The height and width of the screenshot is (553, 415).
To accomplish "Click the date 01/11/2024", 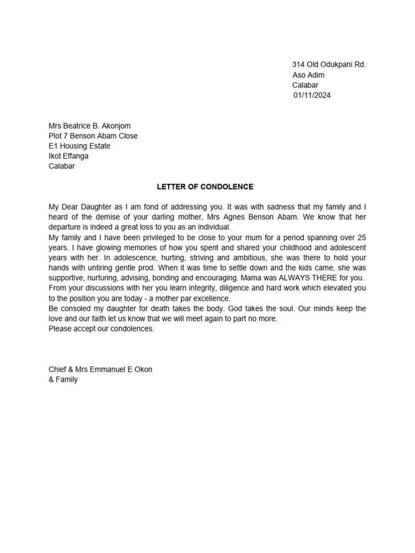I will coord(312,96).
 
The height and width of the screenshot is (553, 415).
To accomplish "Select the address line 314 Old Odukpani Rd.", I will coord(329,65).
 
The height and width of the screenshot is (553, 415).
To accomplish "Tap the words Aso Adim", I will coord(309,75).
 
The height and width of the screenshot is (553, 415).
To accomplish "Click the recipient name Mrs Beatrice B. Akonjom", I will coord(89,126).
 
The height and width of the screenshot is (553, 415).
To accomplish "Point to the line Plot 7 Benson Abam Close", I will coord(93,136).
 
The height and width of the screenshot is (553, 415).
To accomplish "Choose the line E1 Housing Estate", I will coord(79,146).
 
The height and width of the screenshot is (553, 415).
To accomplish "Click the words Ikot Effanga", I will coord(69,156).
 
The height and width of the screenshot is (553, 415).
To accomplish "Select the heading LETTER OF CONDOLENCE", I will coord(205,187).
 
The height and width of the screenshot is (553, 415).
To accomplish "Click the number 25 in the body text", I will coord(361,238).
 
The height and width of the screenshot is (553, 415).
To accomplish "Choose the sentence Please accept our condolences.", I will coord(102,329).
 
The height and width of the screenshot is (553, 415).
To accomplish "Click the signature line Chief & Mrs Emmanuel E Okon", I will coord(101,369).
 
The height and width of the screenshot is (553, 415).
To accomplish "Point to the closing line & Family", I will coord(63,380).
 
